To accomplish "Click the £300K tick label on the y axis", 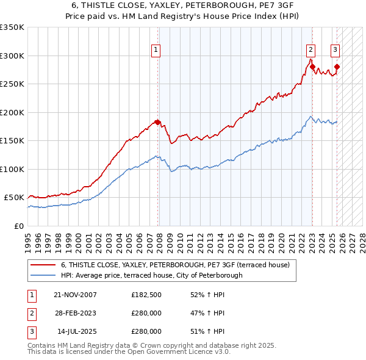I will pyautogui.click(x=12, y=56).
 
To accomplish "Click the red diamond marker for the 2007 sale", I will pyautogui.click(x=157, y=123).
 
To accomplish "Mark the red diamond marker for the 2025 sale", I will pyautogui.click(x=337, y=67).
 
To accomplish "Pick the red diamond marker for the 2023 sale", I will pyautogui.click(x=312, y=67).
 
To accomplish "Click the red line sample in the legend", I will pyautogui.click(x=43, y=265).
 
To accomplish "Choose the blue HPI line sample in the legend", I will pyautogui.click(x=43, y=275).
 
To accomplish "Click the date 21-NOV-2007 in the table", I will pyautogui.click(x=75, y=295).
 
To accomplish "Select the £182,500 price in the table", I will pyautogui.click(x=146, y=295).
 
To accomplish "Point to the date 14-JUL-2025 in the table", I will pyautogui.click(x=76, y=331).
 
